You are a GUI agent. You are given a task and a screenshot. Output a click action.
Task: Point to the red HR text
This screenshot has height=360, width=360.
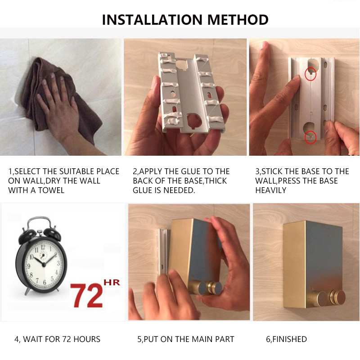112,283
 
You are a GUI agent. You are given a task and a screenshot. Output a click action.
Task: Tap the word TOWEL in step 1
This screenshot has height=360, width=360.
51,190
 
